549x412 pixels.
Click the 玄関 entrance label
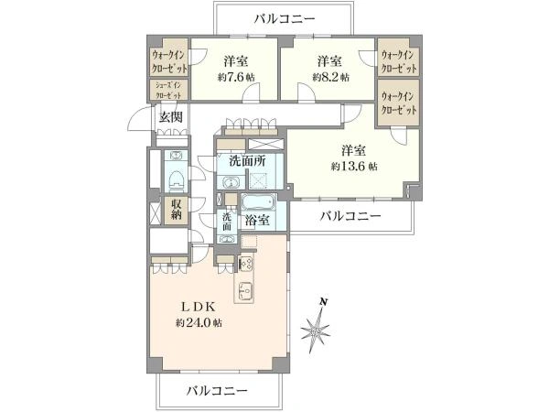point(171,117)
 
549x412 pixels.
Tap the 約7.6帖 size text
point(236,77)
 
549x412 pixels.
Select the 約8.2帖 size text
point(330,77)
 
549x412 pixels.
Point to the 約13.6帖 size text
point(354,166)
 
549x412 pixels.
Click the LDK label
point(198,307)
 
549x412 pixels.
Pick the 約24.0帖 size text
point(199,322)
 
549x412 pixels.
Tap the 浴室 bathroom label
point(257,221)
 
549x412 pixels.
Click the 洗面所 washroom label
point(248,161)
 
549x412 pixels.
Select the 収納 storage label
point(176,210)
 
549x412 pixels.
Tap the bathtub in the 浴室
point(259,202)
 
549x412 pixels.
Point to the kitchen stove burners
point(245,264)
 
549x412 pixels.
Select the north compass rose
point(316,330)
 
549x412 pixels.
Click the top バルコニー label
point(285,18)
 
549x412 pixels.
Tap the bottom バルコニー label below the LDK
point(217,390)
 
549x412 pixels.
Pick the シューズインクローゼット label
point(168,90)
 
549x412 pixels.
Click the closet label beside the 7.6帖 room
point(169,61)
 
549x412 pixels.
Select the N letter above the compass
point(324,301)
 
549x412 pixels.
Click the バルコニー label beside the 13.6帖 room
point(350,216)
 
